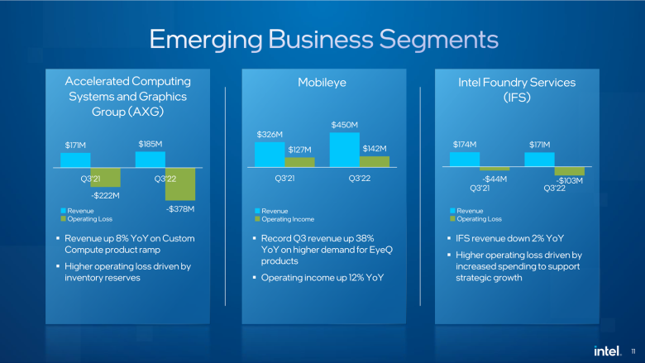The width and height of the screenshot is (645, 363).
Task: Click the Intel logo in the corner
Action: click(607, 351)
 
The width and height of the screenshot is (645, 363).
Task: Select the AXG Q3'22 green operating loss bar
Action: click(180, 184)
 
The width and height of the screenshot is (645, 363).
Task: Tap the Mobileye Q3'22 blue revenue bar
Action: click(345, 150)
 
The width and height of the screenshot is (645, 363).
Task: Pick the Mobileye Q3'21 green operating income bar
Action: click(300, 162)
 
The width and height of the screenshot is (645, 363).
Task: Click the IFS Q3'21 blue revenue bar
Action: click(465, 159)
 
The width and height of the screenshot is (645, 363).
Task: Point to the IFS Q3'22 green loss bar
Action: click(570, 171)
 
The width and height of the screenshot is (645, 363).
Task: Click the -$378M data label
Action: click(180, 209)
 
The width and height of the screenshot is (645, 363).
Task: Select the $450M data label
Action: click(345, 125)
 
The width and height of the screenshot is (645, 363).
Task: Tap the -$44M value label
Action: click(494, 179)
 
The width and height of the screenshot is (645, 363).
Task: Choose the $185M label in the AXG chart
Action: click(150, 144)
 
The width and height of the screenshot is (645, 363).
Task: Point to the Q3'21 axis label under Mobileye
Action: click(284, 179)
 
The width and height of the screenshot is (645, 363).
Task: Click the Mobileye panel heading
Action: click(322, 83)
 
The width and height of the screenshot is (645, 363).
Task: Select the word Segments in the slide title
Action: click(438, 40)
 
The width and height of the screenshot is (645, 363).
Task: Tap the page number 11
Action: click(633, 351)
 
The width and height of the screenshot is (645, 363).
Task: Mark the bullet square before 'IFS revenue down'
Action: click(449, 238)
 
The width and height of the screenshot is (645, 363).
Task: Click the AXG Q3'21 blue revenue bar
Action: click(76, 160)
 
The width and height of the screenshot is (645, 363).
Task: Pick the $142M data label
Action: click(375, 148)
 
